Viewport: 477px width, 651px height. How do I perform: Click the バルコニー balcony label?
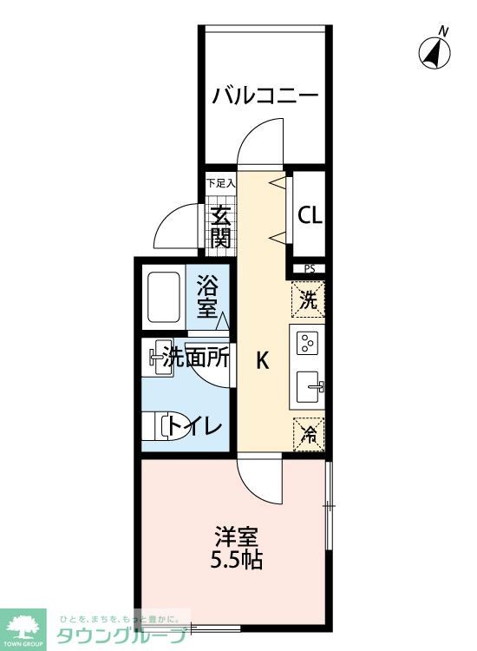tap(266, 94)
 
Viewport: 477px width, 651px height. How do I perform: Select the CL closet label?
tap(310, 215)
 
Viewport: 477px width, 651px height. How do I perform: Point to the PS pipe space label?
tap(310, 269)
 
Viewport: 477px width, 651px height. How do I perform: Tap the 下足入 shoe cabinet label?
tap(220, 183)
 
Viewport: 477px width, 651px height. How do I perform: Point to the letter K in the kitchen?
tap(261, 362)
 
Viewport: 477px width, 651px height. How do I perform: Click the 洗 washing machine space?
tap(309, 299)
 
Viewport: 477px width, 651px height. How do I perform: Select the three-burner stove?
tap(309, 345)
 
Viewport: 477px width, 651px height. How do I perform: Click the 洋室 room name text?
tap(236, 536)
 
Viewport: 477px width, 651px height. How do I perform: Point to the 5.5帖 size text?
tap(236, 560)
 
